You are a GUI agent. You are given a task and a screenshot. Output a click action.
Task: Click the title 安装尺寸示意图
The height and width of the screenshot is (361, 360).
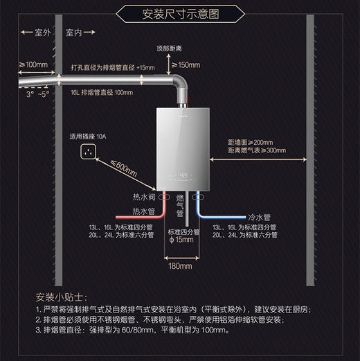tap(179, 14)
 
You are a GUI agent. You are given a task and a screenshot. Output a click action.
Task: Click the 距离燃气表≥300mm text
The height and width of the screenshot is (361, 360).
tap(256, 150)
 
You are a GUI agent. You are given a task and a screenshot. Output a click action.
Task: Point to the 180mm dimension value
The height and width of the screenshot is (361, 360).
tap(180, 265)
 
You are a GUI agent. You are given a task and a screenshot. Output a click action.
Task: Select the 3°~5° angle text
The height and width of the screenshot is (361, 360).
tap(39, 93)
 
